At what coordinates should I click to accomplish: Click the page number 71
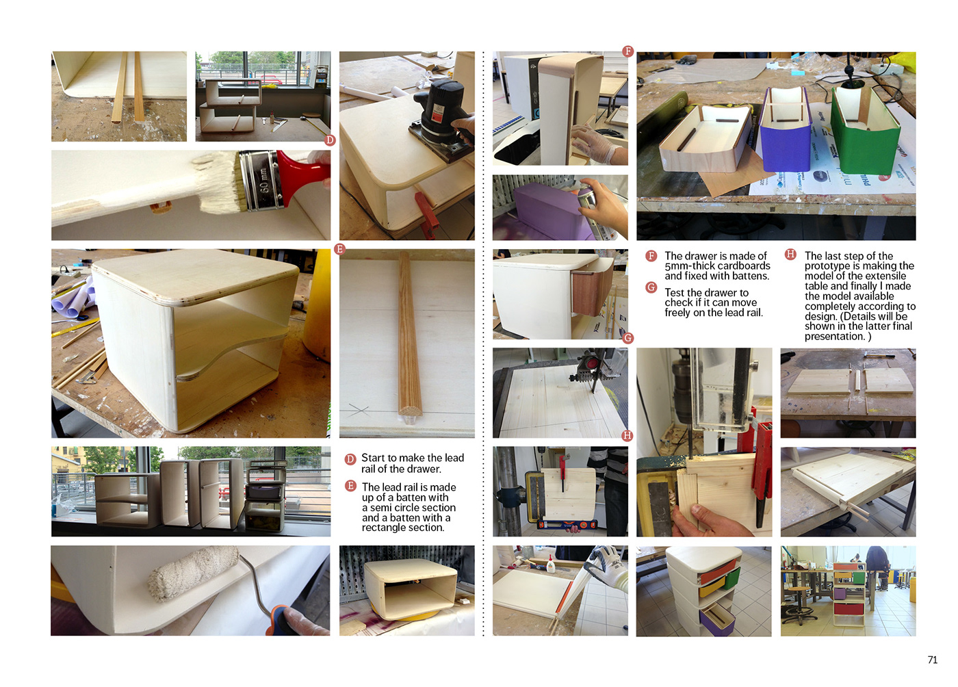932,660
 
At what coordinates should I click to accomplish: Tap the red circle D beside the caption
350,459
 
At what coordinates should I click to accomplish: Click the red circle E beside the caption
350,486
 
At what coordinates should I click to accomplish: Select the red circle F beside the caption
651,256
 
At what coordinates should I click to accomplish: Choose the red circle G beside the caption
651,287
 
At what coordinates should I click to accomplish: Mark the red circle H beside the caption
790,254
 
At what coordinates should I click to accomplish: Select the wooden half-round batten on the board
409,335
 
